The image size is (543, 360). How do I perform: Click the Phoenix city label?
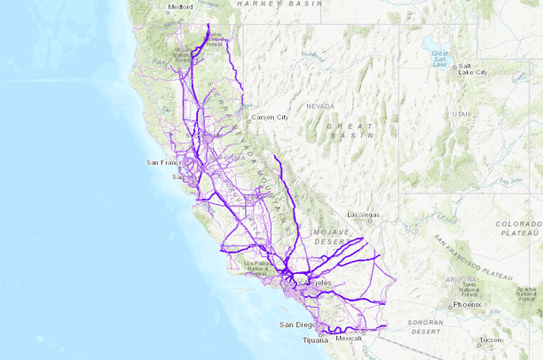[465, 304]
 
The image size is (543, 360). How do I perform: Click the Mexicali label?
[348, 338]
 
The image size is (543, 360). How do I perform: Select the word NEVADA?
[320, 106]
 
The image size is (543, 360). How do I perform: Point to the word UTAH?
[460, 114]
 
